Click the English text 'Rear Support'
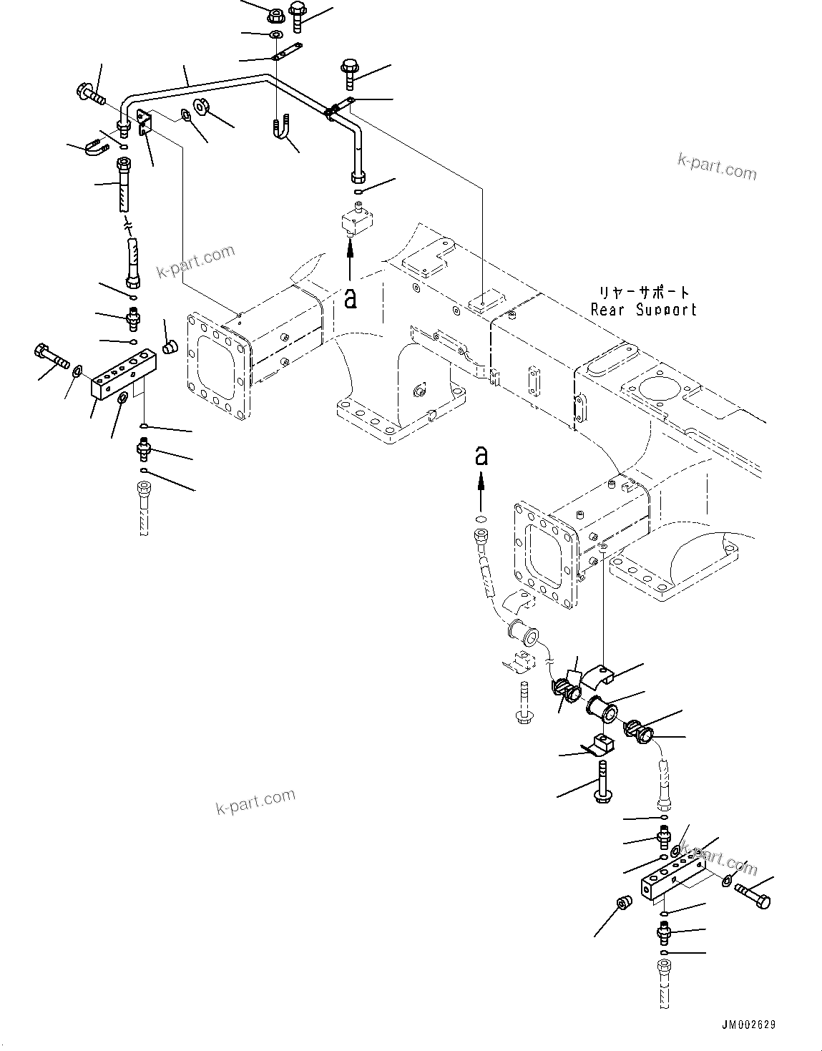pos(643,310)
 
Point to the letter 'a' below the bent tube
pos(350,298)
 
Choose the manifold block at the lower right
pos(672,879)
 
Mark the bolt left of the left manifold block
pos(49,356)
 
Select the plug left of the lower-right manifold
pos(622,905)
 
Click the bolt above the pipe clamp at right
pos(350,72)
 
